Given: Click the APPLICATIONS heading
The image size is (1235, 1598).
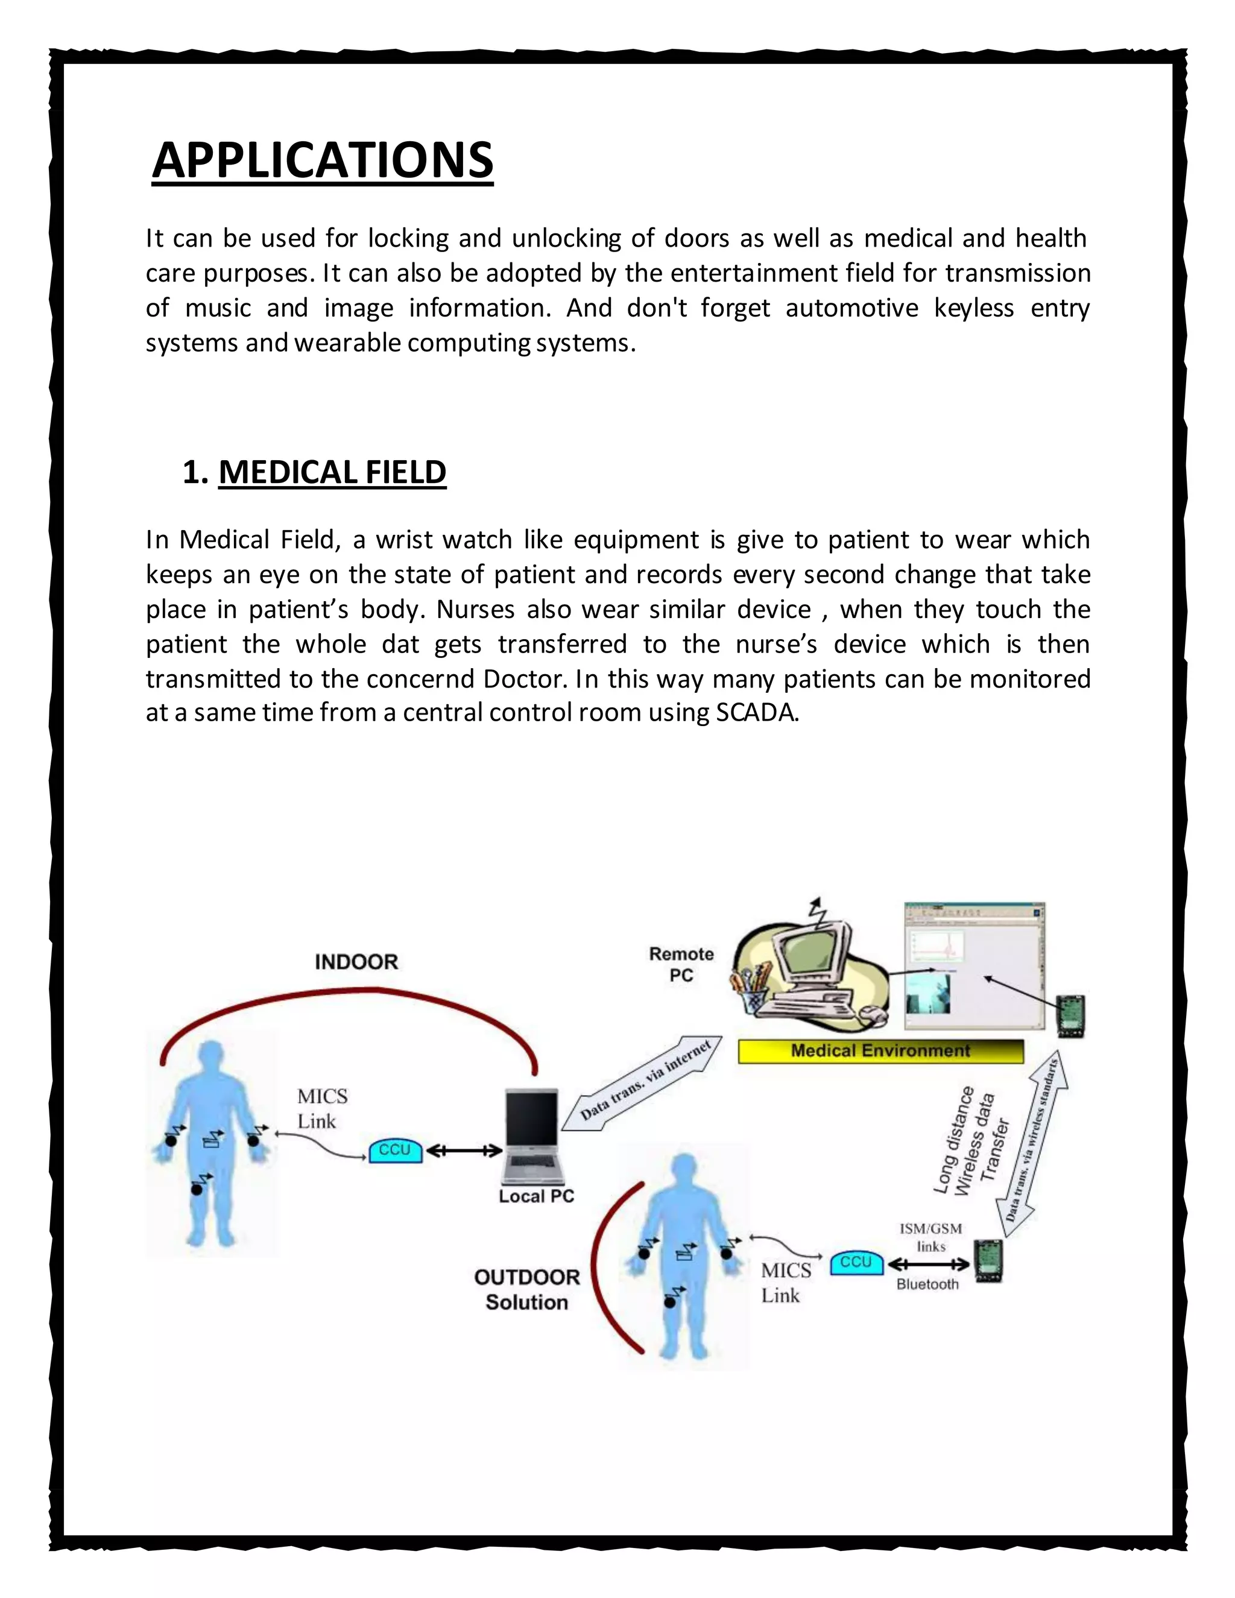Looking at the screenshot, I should click(323, 160).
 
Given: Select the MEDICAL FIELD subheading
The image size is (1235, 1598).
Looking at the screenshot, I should click(332, 472).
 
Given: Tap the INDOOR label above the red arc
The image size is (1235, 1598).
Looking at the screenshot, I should click(356, 961).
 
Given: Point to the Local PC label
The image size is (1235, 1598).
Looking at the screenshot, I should click(536, 1196).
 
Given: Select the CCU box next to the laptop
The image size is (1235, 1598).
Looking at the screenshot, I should click(395, 1150).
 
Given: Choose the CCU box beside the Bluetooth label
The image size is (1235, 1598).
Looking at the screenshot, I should click(856, 1262).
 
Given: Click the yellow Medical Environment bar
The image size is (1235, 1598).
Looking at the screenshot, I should click(880, 1050).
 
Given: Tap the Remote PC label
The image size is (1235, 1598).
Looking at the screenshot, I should click(681, 964).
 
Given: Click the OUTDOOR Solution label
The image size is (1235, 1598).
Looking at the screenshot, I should click(527, 1290).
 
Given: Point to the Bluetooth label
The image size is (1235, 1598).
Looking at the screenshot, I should click(927, 1284).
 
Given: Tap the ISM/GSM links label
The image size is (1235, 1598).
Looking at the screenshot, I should click(930, 1237).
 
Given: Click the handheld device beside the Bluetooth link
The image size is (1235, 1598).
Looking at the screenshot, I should click(988, 1261).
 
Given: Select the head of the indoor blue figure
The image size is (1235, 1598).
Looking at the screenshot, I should click(212, 1056).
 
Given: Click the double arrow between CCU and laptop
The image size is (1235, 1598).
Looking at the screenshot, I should click(464, 1151).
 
